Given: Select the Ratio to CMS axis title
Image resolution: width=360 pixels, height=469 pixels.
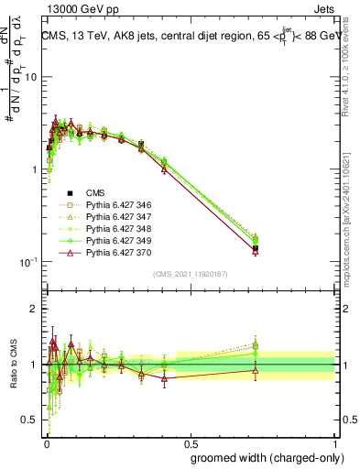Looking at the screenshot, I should point(12,364).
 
